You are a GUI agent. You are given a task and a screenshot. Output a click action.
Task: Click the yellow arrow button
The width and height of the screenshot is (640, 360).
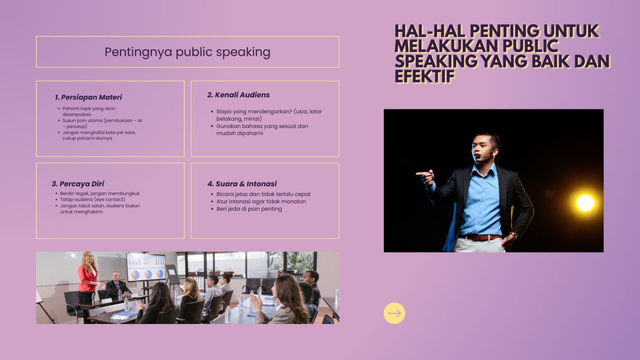tap(394, 313)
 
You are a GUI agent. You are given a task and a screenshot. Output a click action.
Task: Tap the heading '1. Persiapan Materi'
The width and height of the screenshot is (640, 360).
tap(88, 97)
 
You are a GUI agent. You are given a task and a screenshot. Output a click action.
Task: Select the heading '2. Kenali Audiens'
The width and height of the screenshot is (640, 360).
tap(239, 95)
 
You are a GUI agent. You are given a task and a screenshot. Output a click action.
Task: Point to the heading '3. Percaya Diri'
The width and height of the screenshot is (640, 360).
tap(77, 184)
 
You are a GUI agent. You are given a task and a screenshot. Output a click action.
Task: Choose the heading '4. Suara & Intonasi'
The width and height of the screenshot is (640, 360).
tap(242, 184)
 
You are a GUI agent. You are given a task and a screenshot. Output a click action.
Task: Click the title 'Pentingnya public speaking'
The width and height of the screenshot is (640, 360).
tap(187, 52)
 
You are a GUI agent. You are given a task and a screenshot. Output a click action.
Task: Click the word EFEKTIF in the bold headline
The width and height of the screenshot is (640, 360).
tap(425, 76)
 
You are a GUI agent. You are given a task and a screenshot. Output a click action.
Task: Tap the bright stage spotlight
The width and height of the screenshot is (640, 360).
tap(585, 203)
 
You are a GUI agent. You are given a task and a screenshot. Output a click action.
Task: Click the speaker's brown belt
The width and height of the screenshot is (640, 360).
tap(481, 237)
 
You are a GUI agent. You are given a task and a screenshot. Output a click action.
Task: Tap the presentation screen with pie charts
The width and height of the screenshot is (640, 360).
tap(146, 267)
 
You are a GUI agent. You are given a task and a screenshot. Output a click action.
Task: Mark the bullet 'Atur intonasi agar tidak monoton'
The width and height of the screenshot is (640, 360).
tap(258, 201)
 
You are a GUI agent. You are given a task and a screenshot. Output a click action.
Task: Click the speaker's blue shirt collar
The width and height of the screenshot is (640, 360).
tap(484, 167)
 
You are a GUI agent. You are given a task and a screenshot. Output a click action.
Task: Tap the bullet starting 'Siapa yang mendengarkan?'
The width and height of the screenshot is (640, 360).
tap(266, 115)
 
